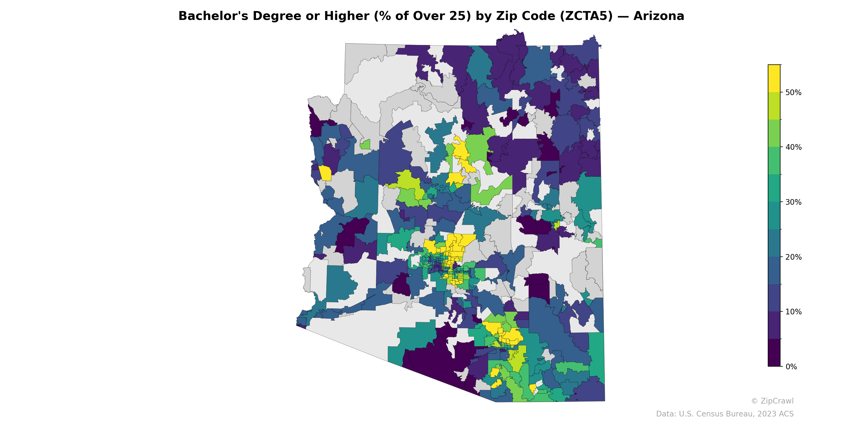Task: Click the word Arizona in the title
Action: [x=658, y=16]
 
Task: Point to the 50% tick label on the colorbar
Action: [x=793, y=93]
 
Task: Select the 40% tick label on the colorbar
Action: [x=793, y=148]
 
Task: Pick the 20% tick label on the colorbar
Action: [x=793, y=257]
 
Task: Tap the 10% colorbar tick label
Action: [x=793, y=312]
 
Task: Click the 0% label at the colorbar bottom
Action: [x=791, y=367]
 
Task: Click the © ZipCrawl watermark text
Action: [x=772, y=401]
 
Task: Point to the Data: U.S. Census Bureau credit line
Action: [x=725, y=414]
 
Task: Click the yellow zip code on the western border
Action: [x=325, y=173]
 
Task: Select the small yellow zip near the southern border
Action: [x=532, y=388]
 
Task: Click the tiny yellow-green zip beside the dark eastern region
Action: [x=557, y=225]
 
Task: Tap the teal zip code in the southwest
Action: [x=340, y=283]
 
